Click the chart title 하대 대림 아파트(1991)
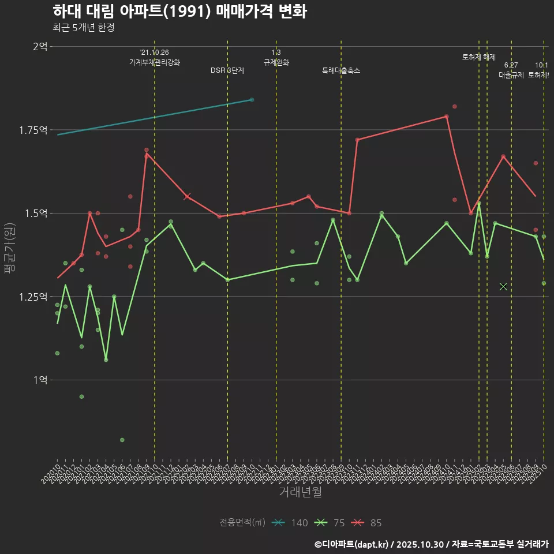coord(179,12)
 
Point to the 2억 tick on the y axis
coord(40,46)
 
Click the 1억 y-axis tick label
coord(40,380)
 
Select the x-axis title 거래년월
coord(300,492)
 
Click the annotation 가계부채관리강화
coord(155,62)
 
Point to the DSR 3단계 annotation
coord(227,70)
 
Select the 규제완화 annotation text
coord(276,62)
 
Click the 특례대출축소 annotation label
coord(341,70)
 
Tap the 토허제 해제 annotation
coord(479,57)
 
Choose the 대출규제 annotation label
coord(511,75)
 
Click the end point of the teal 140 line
coord(252,100)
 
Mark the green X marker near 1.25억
coord(503,286)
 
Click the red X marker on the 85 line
coord(187,197)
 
